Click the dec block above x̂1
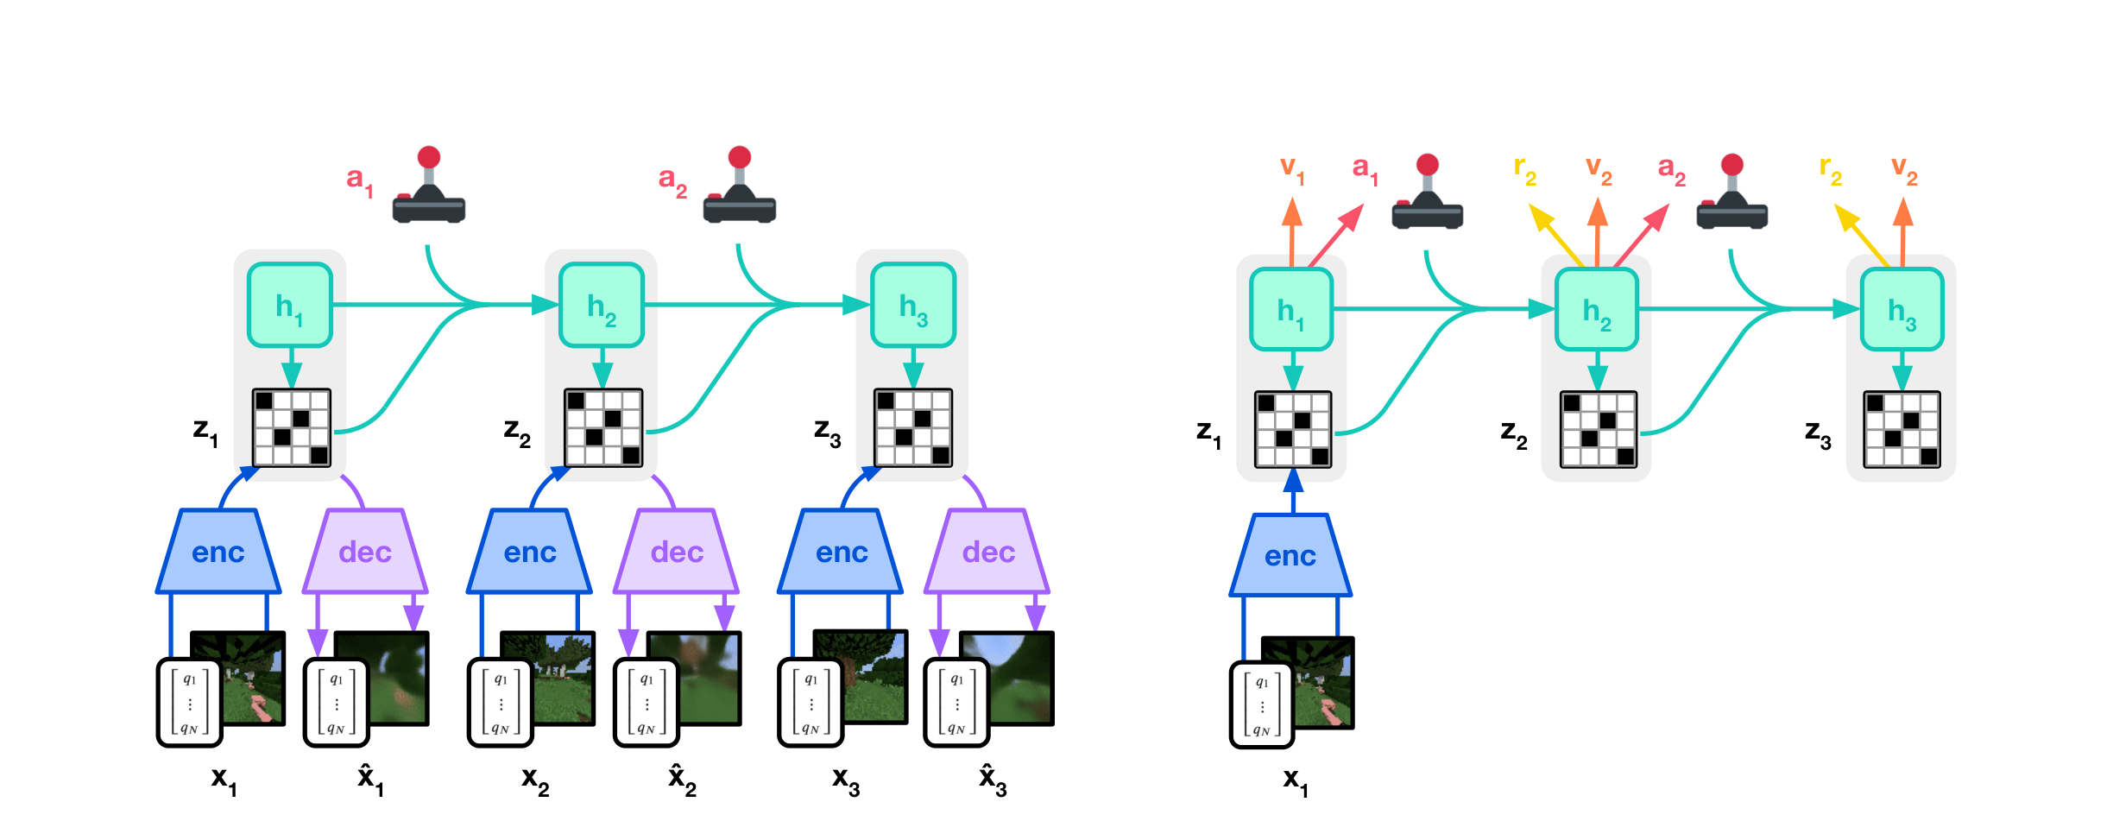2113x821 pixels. coord(365,551)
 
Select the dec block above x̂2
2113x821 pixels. coord(677,551)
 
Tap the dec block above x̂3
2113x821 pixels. coord(987,551)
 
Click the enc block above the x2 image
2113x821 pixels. coord(529,551)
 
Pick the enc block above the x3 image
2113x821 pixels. coord(840,551)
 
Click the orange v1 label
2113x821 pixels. coord(1292,170)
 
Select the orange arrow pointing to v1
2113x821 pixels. coord(1291,232)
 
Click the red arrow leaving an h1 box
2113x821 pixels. coord(1336,235)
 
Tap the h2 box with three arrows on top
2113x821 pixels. coord(1597,310)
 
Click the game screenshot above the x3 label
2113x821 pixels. coord(861,676)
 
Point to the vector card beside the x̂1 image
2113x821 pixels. coord(337,703)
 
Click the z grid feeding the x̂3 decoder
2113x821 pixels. coord(914,428)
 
